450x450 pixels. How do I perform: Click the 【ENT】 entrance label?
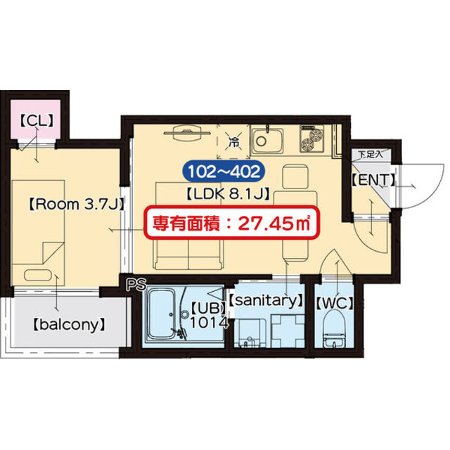[x=372, y=181]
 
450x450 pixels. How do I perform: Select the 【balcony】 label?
[x=68, y=325]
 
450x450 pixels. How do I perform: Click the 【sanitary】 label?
[x=266, y=300]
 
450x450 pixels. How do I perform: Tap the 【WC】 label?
[x=334, y=304]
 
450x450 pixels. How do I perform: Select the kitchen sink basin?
[x=265, y=140]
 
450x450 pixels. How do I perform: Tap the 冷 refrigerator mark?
[x=234, y=143]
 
